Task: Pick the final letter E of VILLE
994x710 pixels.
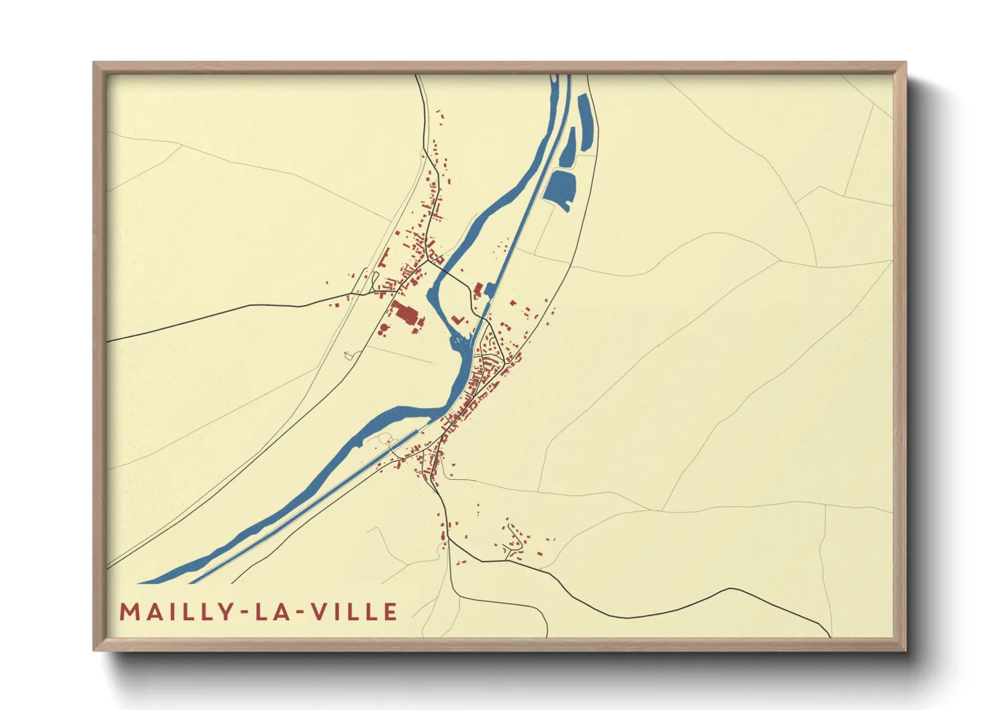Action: pos(390,612)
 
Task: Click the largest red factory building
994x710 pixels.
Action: pos(404,313)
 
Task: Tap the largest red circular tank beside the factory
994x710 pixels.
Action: pos(383,329)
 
